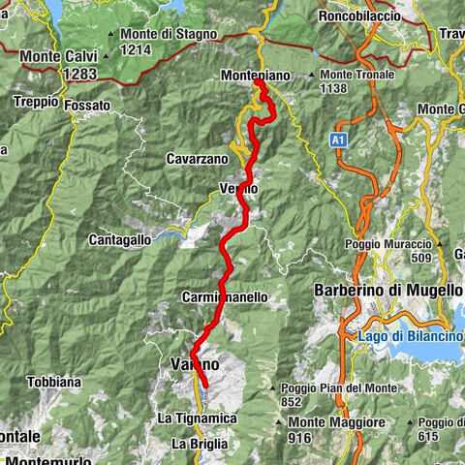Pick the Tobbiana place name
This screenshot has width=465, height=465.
pos(54,382)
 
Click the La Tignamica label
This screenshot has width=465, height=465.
pos(196,418)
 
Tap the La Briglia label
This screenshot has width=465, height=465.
pos(201,443)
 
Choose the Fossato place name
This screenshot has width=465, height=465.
pos(88,105)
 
